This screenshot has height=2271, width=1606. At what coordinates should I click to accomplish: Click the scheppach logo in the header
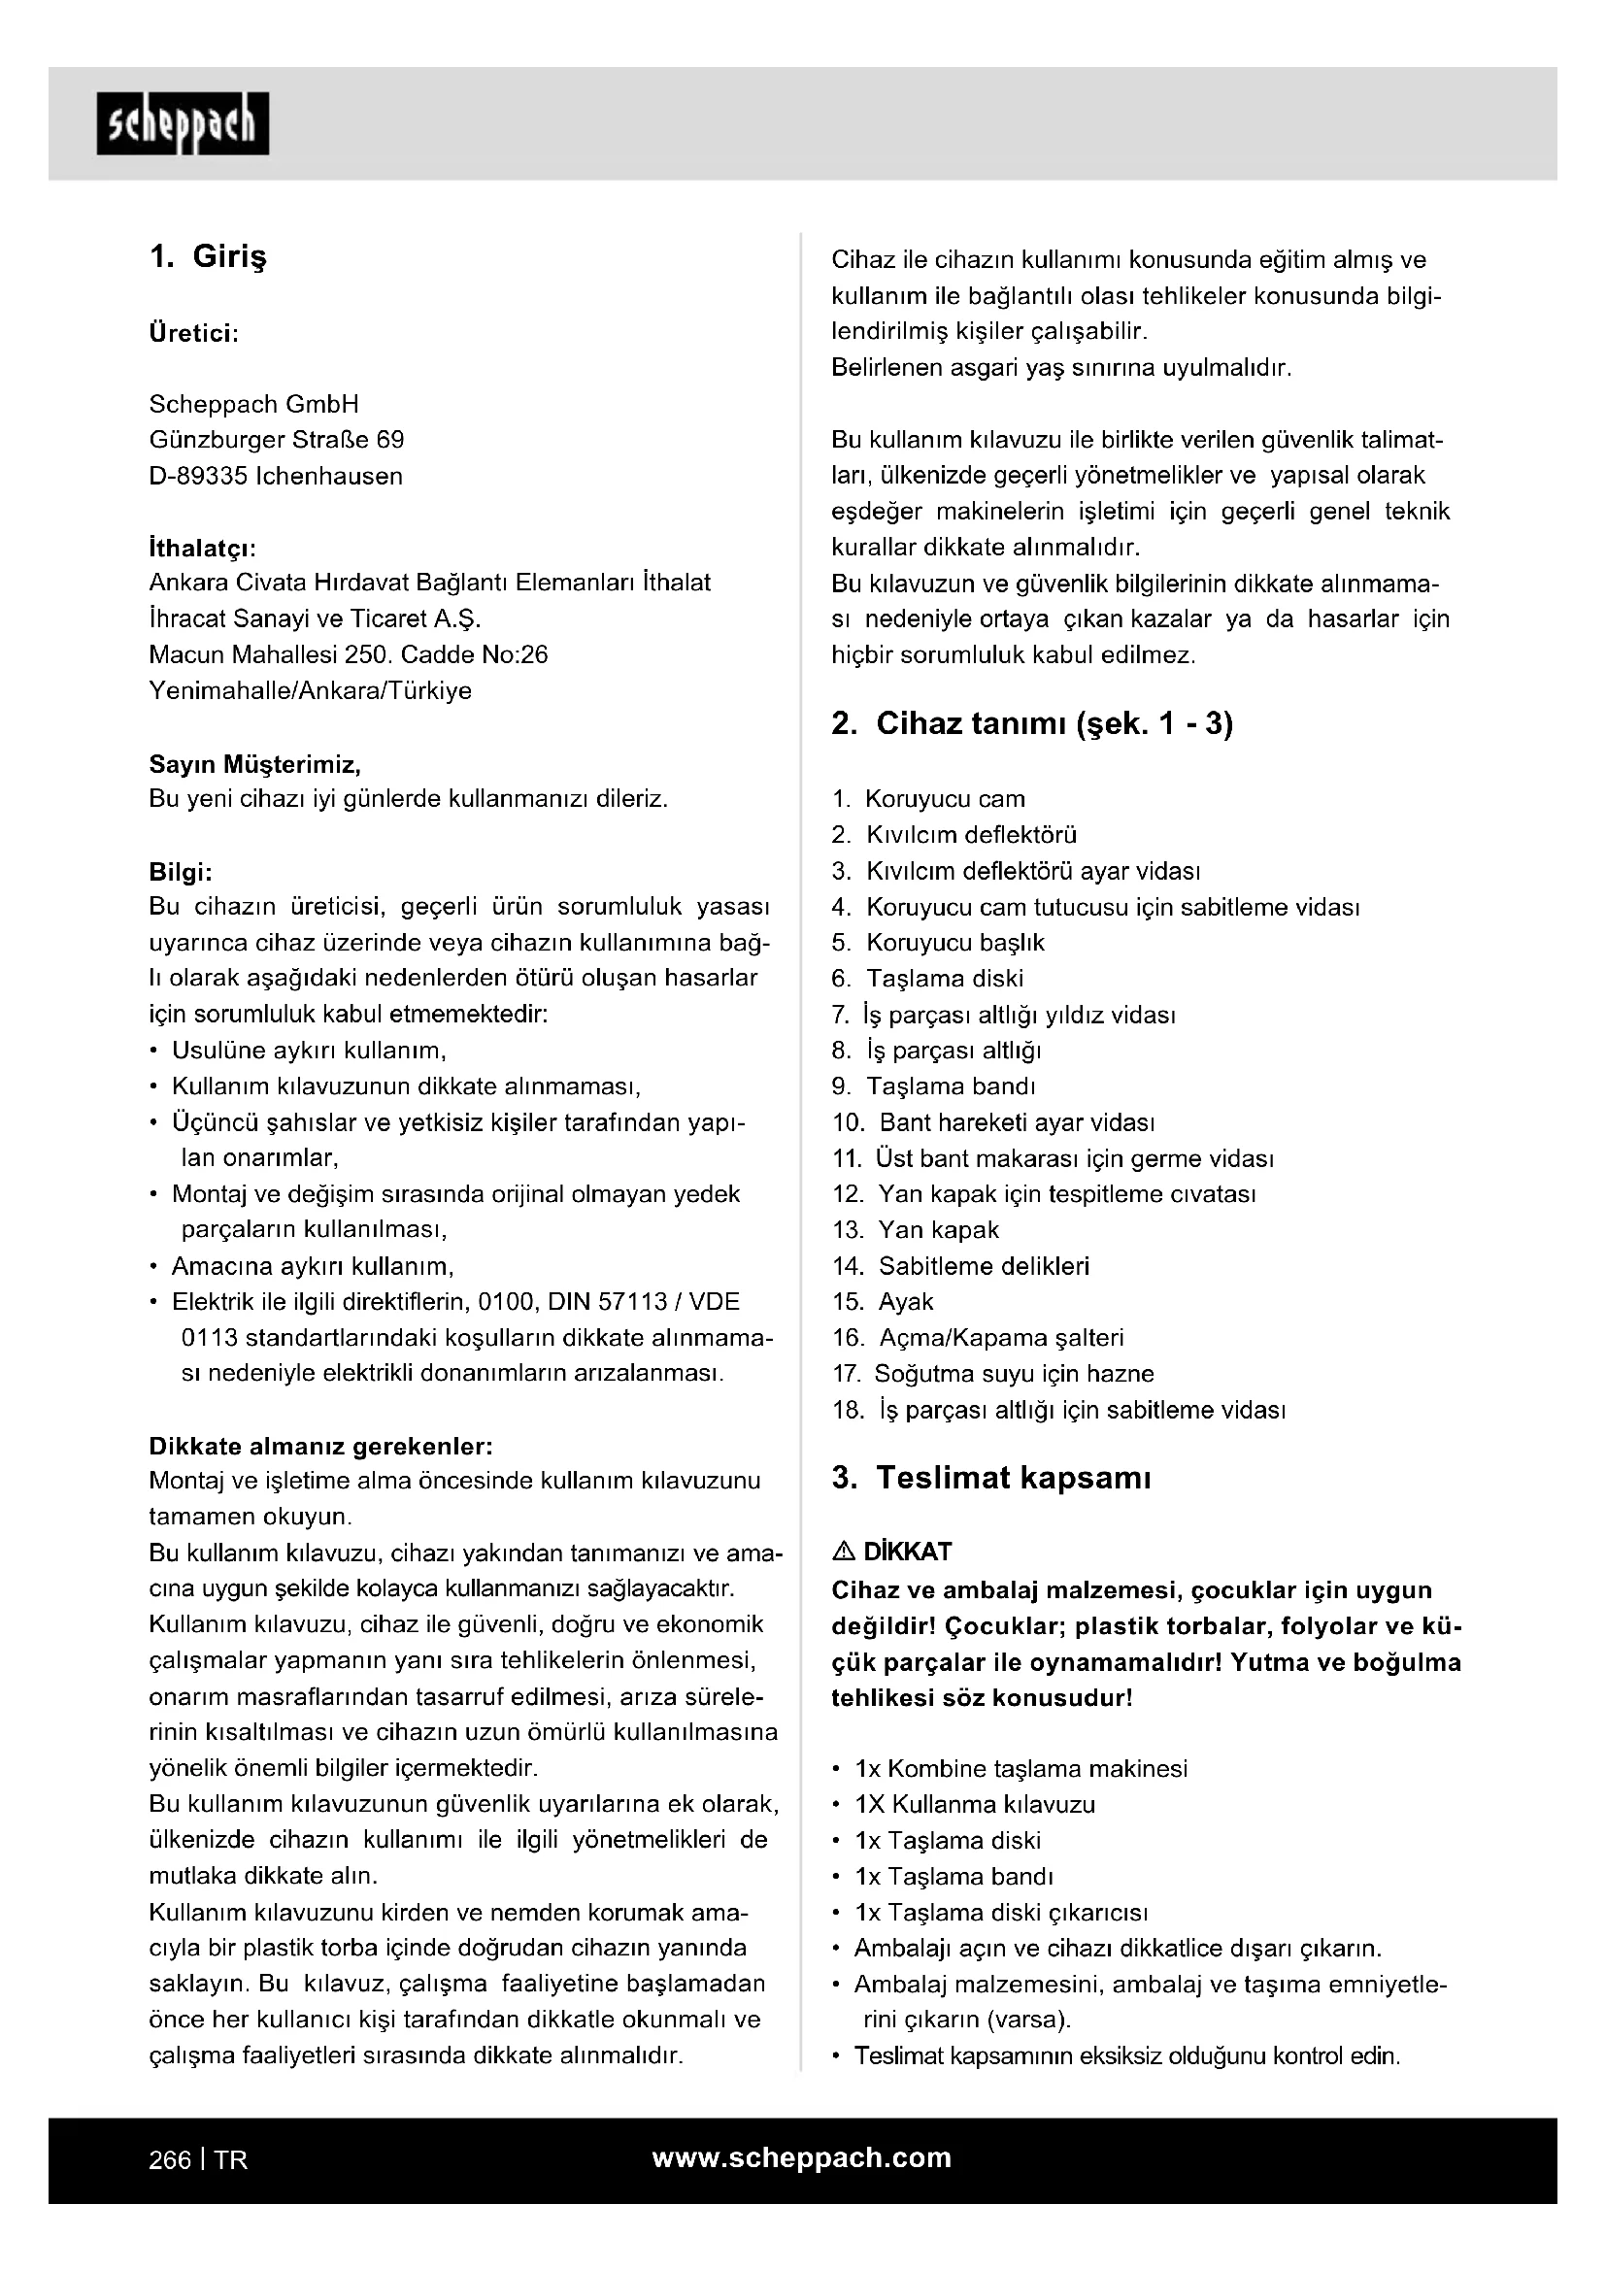183,123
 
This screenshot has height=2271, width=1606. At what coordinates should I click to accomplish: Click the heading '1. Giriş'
208,257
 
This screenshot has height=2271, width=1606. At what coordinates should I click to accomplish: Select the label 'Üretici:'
194,333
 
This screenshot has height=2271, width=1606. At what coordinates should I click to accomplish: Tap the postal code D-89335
199,476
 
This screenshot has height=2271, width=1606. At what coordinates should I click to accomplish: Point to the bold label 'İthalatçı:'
203,548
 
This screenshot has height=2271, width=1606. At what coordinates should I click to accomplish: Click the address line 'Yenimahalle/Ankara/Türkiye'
310,690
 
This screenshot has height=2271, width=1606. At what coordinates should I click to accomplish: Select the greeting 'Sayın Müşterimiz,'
255,763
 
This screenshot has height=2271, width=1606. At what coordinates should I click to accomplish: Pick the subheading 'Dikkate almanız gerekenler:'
320,1446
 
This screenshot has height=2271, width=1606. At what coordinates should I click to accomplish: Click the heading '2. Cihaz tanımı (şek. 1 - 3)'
1032,724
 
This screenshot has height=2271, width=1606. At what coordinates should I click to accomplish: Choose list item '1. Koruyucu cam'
928,799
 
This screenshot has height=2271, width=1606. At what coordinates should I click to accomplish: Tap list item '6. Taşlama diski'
927,979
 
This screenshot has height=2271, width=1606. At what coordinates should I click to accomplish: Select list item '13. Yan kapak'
916,1229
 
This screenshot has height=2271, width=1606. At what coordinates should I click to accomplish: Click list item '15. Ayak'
883,1302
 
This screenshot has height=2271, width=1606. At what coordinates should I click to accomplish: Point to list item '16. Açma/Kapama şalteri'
978,1337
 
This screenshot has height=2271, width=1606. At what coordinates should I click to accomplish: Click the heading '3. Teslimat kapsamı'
991,1478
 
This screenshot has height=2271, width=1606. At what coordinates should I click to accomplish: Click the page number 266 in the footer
169,2160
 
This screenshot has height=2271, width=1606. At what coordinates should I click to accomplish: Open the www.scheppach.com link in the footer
801,2158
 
